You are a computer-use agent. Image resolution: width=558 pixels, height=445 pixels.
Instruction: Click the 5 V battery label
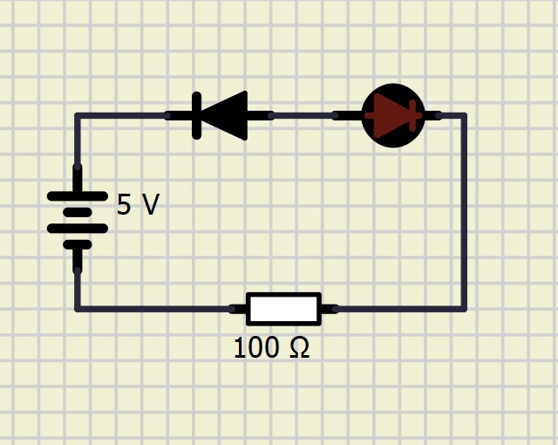coord(138,205)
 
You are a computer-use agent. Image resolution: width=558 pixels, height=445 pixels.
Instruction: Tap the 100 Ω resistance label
coord(271,347)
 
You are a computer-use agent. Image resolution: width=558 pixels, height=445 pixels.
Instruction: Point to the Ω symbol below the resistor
coord(300,347)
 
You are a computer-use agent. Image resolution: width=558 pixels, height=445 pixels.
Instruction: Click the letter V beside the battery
coord(150,205)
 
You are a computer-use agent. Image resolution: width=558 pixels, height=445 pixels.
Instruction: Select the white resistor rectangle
coord(283,309)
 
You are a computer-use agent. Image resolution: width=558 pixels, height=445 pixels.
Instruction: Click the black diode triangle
coord(225,115)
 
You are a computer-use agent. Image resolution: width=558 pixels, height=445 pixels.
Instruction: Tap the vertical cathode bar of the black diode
coord(196,115)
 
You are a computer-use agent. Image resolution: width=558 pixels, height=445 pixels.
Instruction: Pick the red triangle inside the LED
coord(391,115)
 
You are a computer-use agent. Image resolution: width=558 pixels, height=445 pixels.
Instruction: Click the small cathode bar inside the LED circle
coord(412,115)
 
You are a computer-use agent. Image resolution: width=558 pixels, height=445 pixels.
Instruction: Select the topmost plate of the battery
coord(78,195)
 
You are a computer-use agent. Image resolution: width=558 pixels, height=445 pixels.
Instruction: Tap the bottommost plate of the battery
coord(78,244)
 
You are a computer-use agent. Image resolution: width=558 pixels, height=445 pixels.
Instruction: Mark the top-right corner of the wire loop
coord(463,115)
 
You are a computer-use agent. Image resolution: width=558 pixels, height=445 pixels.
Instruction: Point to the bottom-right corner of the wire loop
coord(463,309)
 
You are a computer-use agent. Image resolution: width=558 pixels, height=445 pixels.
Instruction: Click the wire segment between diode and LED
coord(303,115)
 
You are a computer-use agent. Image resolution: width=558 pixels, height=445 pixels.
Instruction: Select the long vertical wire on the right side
coord(463,212)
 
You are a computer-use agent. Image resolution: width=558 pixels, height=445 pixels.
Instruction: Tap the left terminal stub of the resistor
coord(238,309)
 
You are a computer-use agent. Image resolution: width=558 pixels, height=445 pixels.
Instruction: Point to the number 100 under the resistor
coord(255,347)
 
